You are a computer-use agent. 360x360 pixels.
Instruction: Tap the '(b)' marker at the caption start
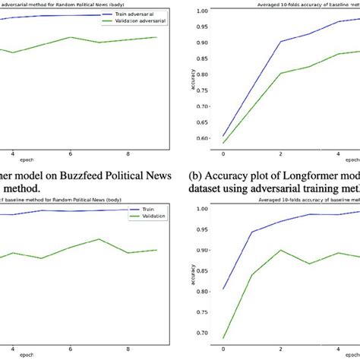(x=196, y=171)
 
